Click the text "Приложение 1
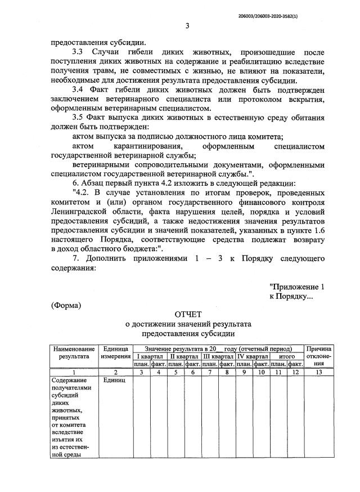(x=297, y=287)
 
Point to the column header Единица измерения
(x=116, y=352)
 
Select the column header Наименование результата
(x=74, y=352)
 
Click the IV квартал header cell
(x=253, y=356)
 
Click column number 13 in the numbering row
(x=319, y=372)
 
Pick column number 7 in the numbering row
(x=210, y=372)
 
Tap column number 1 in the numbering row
(x=74, y=372)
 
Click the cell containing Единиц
(x=115, y=381)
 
